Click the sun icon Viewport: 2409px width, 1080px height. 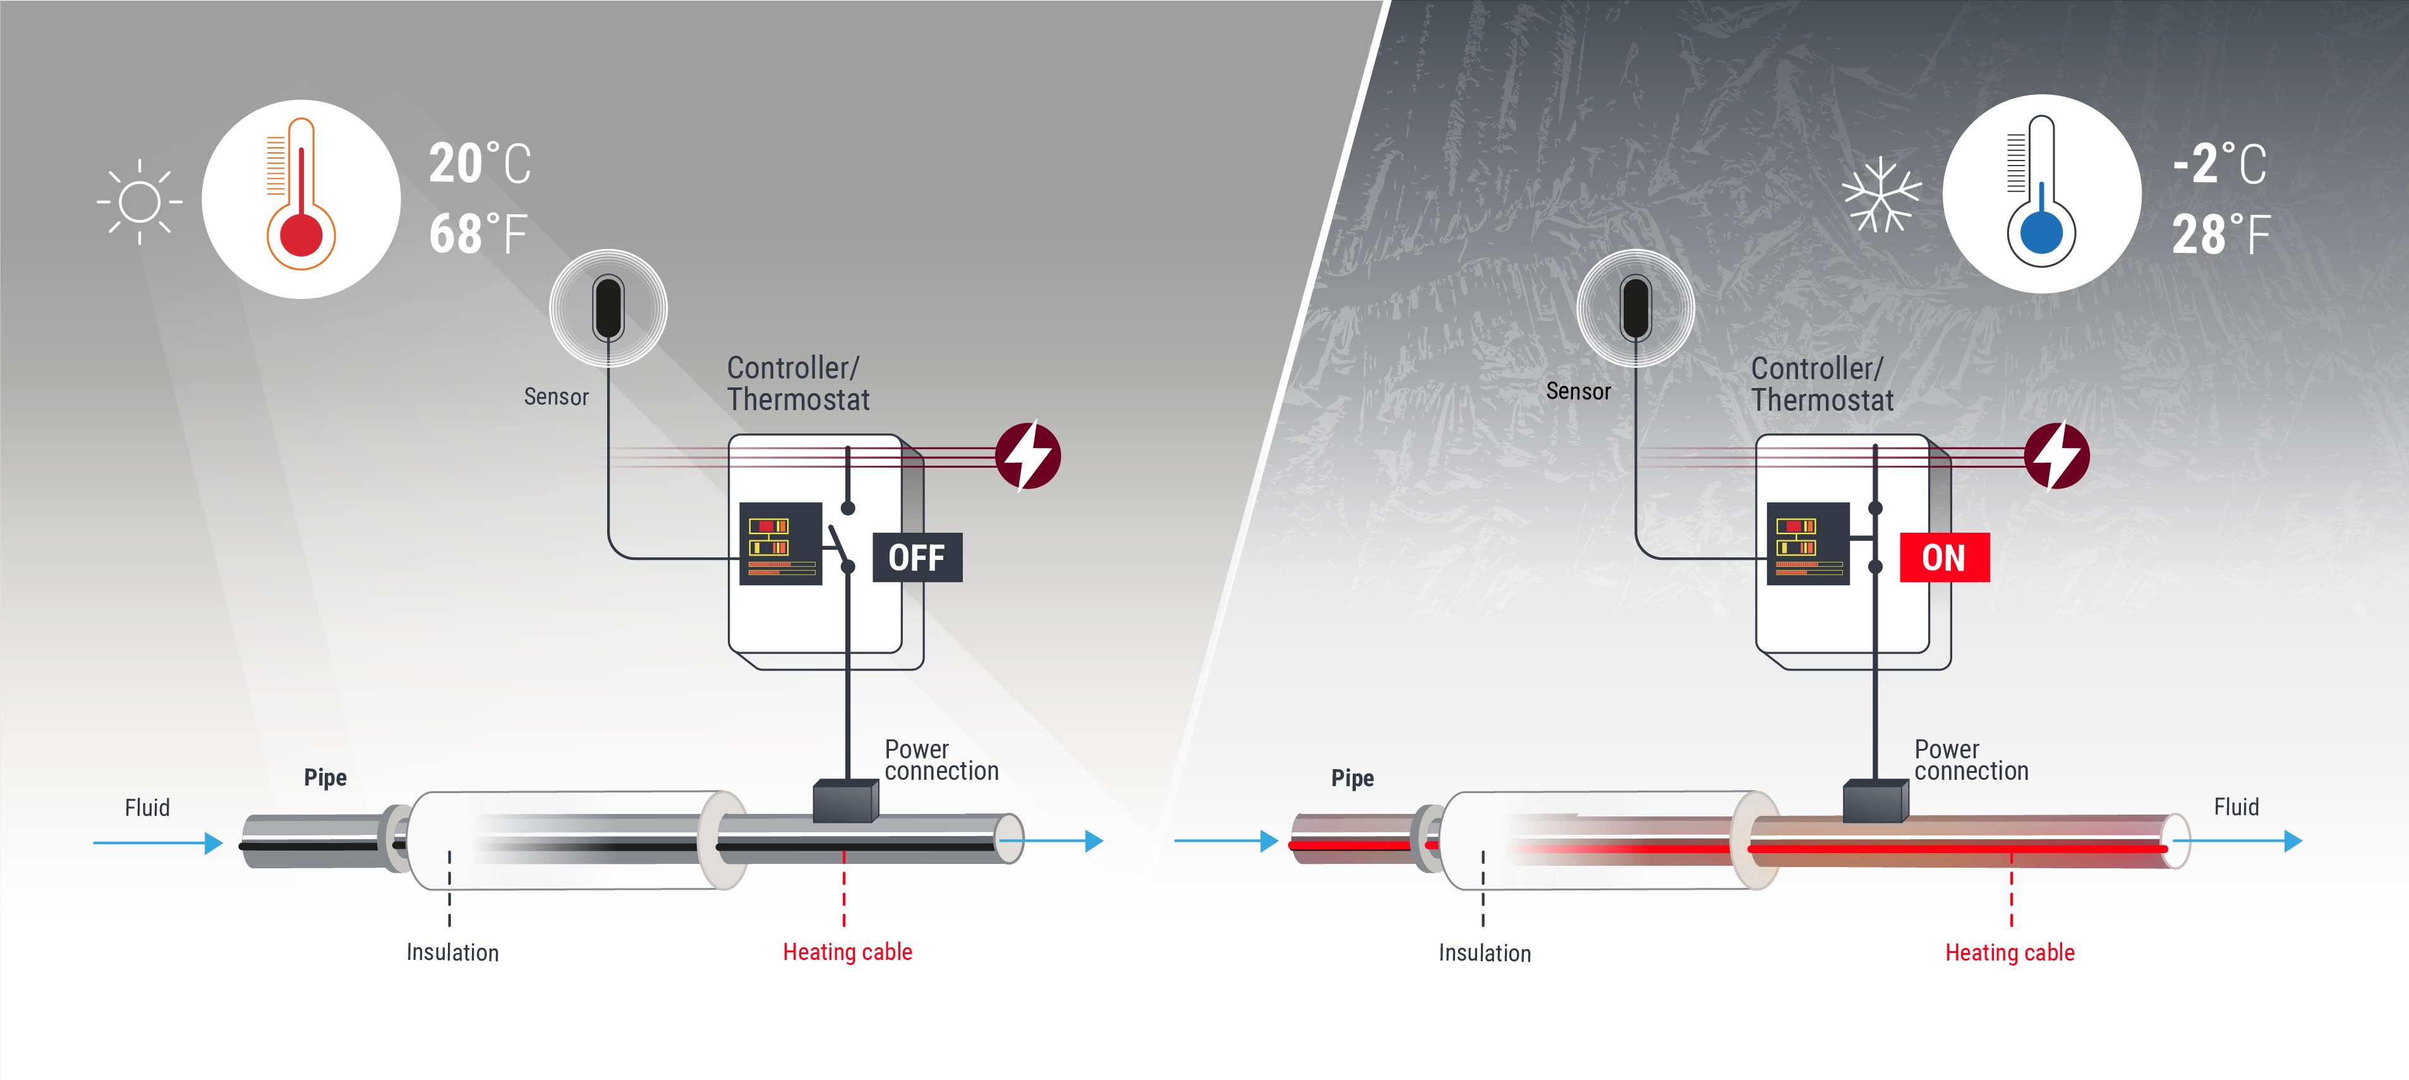140,201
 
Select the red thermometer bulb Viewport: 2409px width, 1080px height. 301,234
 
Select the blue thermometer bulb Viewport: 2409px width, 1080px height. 2041,233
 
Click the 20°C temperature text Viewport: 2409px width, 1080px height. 480,164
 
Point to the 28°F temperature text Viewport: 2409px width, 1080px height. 2220,234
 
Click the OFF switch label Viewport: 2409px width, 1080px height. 917,557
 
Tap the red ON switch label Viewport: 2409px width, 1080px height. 1944,557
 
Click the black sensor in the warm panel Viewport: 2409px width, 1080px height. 608,306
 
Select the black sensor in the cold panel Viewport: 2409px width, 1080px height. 1636,306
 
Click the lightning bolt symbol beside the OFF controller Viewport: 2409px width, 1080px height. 1028,456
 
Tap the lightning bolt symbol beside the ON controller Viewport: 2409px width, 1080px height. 2056,456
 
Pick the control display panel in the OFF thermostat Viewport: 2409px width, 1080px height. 780,544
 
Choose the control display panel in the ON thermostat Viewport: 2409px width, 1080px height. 1808,544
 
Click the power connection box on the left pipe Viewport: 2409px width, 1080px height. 845,801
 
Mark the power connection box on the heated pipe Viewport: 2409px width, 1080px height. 1875,801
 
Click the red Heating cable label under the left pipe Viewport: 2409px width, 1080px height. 847,952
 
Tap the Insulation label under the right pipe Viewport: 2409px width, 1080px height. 1484,953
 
